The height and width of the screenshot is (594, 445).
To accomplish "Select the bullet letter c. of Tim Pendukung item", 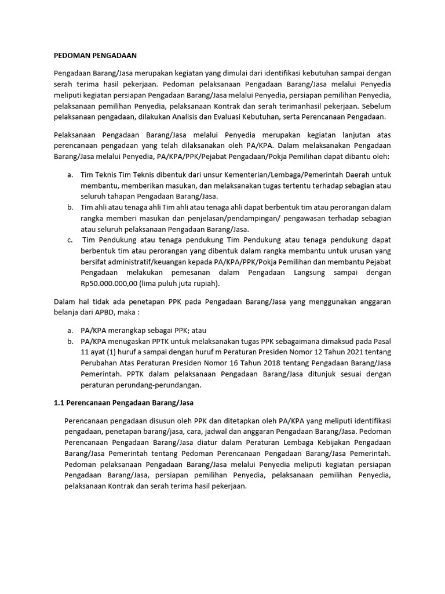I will click(70, 240).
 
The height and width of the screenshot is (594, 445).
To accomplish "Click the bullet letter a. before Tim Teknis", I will click(70, 174).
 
